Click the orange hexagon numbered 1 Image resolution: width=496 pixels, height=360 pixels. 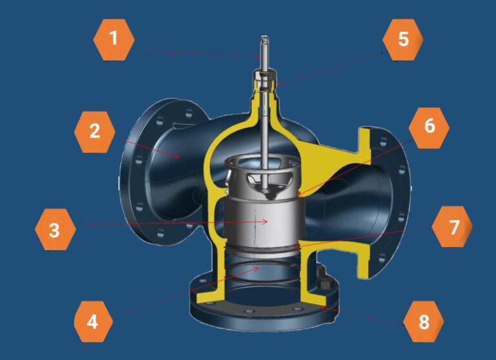click(114, 39)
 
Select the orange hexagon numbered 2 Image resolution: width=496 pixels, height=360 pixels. click(95, 131)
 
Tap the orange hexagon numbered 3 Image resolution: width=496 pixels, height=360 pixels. click(55, 229)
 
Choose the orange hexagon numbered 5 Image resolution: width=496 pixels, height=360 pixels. click(403, 39)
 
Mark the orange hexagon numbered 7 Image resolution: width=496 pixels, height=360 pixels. click(452, 228)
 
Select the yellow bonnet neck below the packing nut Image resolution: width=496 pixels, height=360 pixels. click(265, 107)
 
